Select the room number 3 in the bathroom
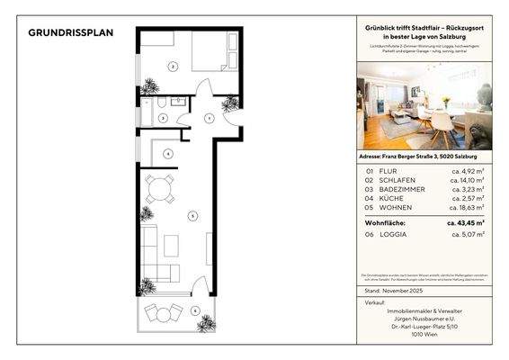pos(161,118)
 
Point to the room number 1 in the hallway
pos(209,118)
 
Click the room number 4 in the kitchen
pos(167,154)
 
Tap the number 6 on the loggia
pos(195,310)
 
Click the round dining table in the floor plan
pos(161,189)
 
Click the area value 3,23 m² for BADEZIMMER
pos(468,189)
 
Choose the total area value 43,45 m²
pos(467,221)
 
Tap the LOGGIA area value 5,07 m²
pos(468,234)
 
